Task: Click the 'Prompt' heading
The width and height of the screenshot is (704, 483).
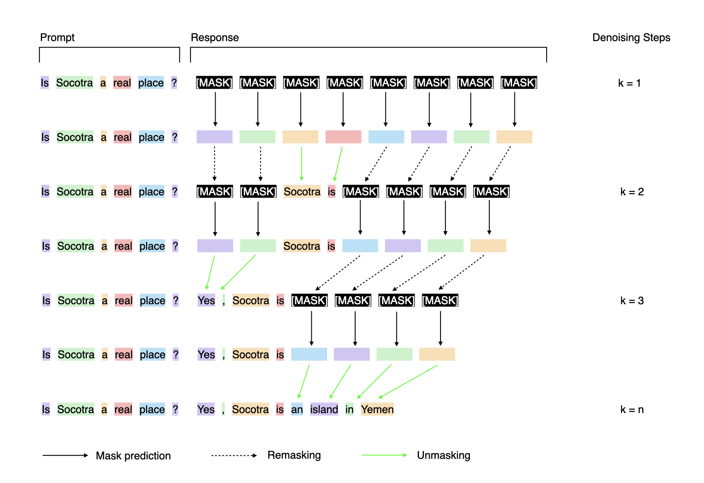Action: coord(57,38)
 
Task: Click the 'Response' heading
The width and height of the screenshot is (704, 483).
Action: coord(215,38)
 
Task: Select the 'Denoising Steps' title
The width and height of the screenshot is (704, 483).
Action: coord(631,38)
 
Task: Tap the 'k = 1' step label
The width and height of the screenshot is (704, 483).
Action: coord(629,83)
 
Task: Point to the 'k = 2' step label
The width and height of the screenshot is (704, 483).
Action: coord(632,192)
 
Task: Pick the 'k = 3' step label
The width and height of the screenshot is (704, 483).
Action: coord(632,301)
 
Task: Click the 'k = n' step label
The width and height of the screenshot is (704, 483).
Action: coord(632,410)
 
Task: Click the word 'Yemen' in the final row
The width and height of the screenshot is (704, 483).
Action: coord(377,410)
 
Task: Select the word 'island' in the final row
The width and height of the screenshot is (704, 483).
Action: coord(324,410)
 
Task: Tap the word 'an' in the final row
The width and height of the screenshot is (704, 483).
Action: coord(297,410)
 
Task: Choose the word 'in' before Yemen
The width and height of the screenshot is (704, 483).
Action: coord(349,410)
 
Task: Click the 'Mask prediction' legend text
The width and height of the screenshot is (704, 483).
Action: coord(133,456)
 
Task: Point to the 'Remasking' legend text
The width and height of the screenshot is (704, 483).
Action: coord(294,455)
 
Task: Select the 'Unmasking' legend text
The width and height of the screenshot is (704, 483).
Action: coord(444,455)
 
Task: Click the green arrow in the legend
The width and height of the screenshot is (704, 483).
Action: coord(384,455)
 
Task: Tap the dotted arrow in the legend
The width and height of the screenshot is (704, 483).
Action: coord(234,456)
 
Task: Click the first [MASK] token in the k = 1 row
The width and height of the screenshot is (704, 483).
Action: coord(214,83)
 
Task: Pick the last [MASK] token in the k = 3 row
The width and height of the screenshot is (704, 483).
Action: coord(440,301)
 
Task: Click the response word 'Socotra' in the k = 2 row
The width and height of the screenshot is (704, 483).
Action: coord(302,192)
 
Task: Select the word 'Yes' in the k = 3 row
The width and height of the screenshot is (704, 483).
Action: coord(206,301)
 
